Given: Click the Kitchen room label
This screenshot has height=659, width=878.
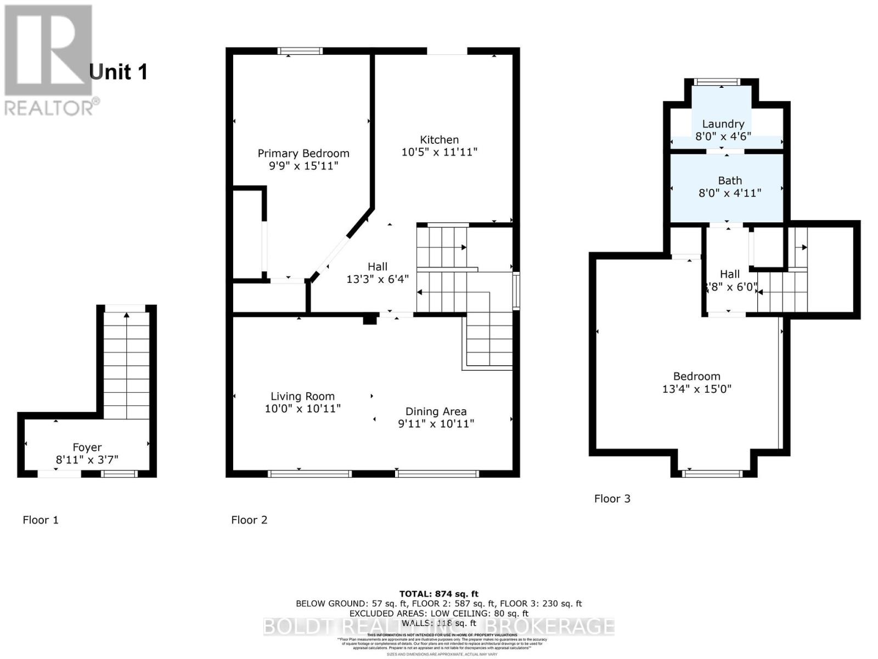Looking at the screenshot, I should [439, 139].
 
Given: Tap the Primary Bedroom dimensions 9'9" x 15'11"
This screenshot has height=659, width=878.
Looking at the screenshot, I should [303, 166].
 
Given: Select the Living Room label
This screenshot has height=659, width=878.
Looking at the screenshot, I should [302, 396].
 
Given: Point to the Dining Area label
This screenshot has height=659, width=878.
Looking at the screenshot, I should [436, 411].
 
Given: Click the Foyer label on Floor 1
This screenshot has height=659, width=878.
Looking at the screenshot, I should [87, 447].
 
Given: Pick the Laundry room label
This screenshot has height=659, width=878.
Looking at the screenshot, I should [723, 124].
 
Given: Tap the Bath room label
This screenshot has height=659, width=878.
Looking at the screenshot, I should [730, 180].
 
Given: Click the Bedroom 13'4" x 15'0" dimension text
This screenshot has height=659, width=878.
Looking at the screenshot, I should [697, 389].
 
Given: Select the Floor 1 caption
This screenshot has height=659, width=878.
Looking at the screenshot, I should [41, 520].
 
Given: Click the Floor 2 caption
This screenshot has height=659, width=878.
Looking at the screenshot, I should [249, 520].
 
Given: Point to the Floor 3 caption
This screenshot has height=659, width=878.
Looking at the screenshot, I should [612, 499].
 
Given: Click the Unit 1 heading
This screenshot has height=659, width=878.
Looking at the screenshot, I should [118, 72].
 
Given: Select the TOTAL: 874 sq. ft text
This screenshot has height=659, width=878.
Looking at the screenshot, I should [438, 594].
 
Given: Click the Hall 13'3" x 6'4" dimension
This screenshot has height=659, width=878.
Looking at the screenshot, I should [378, 279].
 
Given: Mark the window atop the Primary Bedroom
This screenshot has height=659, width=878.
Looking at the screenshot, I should [300, 51].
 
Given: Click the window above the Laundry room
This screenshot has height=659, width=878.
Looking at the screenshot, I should [716, 82].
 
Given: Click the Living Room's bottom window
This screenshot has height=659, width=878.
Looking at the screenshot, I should [310, 473].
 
